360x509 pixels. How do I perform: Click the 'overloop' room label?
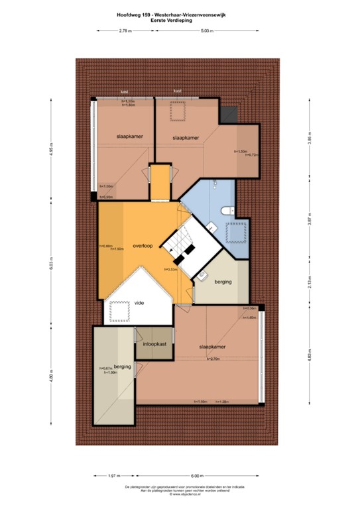pyautogui.click(x=142, y=246)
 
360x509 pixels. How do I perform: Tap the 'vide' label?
pyautogui.click(x=139, y=303)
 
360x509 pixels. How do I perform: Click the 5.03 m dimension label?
pyautogui.click(x=208, y=30)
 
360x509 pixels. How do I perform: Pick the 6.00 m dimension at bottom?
pyautogui.click(x=197, y=476)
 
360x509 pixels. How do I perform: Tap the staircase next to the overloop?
pyautogui.click(x=180, y=247)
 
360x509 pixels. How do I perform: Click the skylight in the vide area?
pyautogui.click(x=120, y=310)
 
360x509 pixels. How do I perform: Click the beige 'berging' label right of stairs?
pyautogui.click(x=223, y=282)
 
